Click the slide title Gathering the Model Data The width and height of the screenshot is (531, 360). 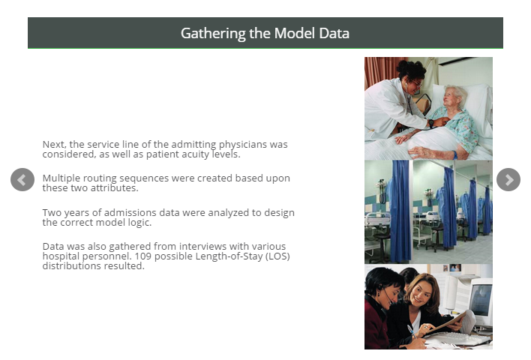point(265,33)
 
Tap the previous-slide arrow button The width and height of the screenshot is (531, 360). point(22,180)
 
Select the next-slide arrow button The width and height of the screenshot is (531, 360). point(508,180)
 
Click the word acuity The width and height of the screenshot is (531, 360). point(196,154)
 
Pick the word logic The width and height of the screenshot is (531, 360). point(141,223)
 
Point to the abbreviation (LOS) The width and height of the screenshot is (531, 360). point(277,256)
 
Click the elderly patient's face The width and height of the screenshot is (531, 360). point(452,97)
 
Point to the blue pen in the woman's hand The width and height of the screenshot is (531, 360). point(412,331)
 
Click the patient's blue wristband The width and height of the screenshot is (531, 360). point(454,155)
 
